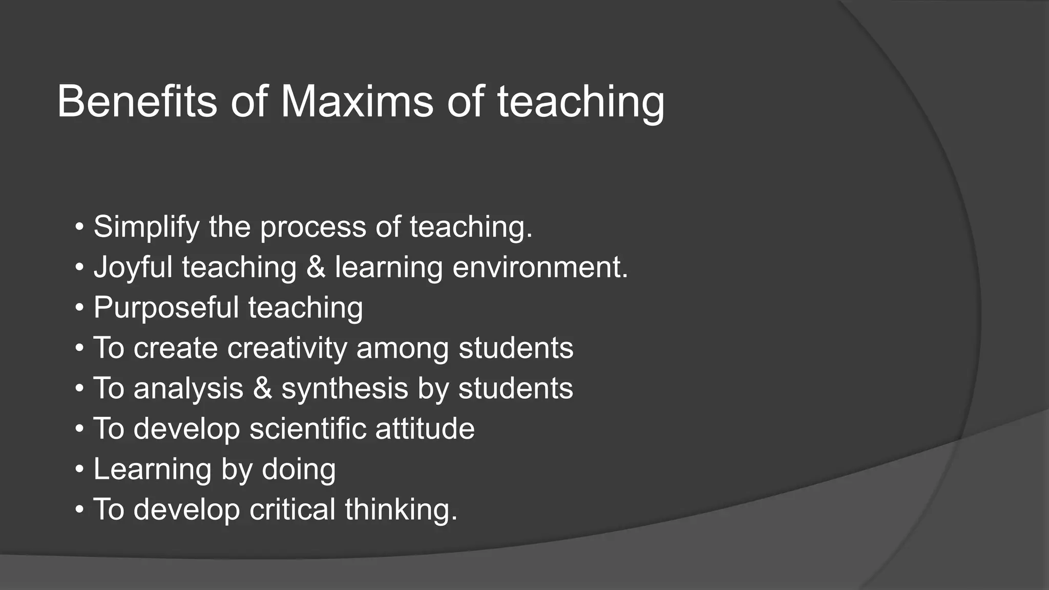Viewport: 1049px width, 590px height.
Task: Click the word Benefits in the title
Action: (x=137, y=101)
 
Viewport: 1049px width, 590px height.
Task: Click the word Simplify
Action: (x=146, y=227)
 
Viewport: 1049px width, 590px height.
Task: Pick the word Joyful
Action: (x=133, y=268)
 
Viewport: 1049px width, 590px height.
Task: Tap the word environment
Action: (x=540, y=268)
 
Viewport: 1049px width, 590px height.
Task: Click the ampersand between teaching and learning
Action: (x=316, y=267)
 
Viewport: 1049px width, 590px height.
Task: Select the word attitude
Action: (x=425, y=429)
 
